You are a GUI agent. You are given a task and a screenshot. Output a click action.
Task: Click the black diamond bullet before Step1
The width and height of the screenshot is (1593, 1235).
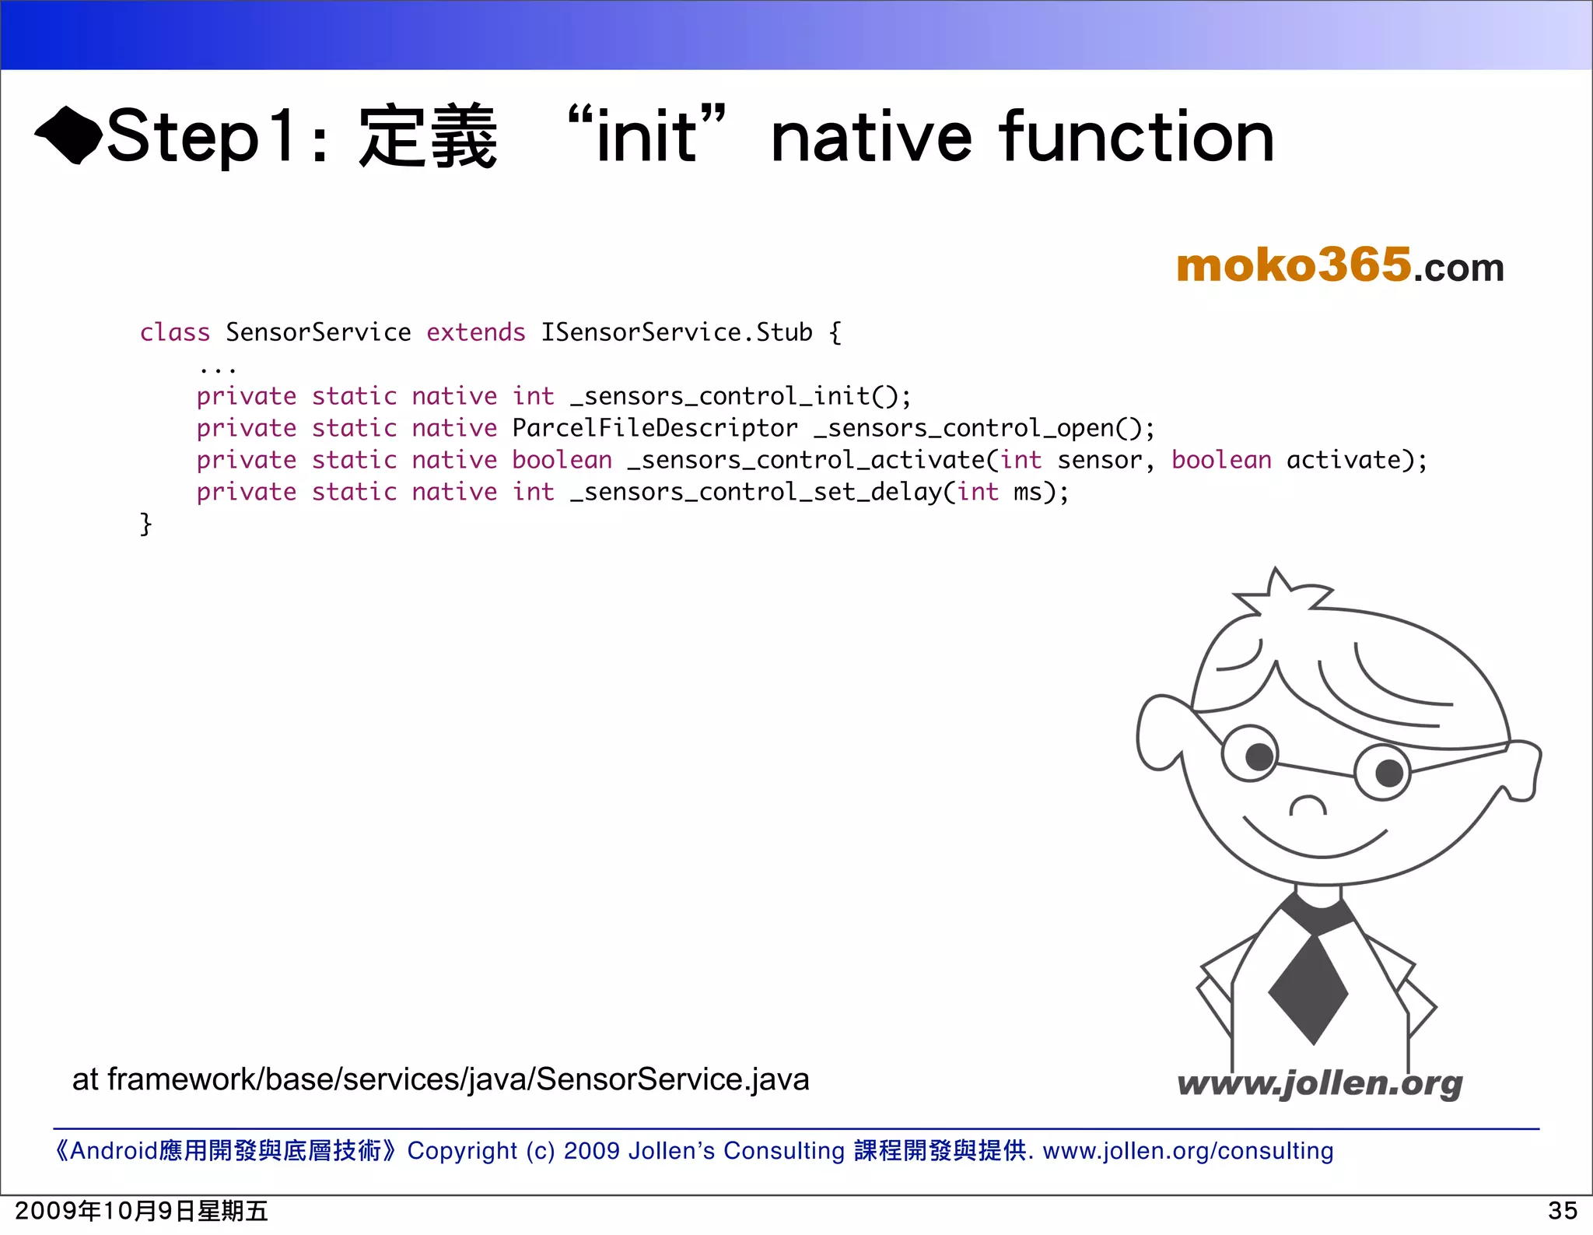click(68, 135)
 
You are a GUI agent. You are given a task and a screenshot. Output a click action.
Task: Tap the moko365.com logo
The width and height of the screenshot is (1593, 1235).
click(1339, 265)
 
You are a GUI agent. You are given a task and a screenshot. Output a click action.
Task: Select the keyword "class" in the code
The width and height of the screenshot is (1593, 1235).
click(175, 332)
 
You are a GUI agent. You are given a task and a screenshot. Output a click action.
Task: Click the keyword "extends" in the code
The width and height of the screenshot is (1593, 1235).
click(475, 332)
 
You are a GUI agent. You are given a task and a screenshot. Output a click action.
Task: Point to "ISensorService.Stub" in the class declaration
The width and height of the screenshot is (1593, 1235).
click(676, 332)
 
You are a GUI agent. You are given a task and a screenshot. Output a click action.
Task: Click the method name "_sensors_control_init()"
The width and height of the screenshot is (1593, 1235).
click(740, 396)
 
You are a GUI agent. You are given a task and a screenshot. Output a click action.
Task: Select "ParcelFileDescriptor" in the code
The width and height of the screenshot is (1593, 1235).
click(655, 428)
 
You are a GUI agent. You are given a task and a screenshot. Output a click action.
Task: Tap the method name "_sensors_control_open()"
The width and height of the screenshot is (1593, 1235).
click(983, 428)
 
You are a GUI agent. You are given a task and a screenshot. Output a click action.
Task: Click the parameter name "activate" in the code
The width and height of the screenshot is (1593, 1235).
click(1343, 460)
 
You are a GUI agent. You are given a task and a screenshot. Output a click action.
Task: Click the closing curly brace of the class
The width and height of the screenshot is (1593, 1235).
click(145, 524)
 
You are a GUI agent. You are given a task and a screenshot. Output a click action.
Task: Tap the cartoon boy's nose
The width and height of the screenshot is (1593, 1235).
click(1308, 805)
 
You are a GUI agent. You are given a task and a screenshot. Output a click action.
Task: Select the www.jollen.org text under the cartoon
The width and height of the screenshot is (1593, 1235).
click(1319, 1083)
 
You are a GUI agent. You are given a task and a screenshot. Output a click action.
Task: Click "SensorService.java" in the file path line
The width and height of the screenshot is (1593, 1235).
click(673, 1079)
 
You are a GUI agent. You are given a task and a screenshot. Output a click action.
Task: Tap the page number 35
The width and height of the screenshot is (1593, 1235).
click(1562, 1211)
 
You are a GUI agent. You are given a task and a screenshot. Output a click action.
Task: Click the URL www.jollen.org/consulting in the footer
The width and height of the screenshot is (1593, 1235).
click(1188, 1150)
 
